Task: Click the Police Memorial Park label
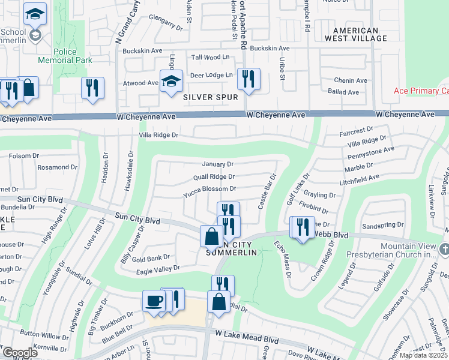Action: pyautogui.click(x=65, y=56)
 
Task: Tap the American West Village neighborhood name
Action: pyautogui.click(x=356, y=34)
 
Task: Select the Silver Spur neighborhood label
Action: pyautogui.click(x=211, y=97)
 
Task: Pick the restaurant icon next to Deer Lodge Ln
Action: pyautogui.click(x=248, y=79)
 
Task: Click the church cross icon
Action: pyautogui.click(x=444, y=248)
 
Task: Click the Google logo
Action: pyautogui.click(x=19, y=353)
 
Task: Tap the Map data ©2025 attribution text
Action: pyautogui.click(x=423, y=355)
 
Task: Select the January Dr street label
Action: pyautogui.click(x=217, y=164)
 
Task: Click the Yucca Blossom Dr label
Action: pyautogui.click(x=209, y=188)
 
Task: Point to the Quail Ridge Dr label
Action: pyautogui.click(x=214, y=176)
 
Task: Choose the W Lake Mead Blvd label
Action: pyautogui.click(x=247, y=338)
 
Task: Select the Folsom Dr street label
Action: pyautogui.click(x=23, y=155)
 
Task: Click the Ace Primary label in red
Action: pyautogui.click(x=421, y=91)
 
